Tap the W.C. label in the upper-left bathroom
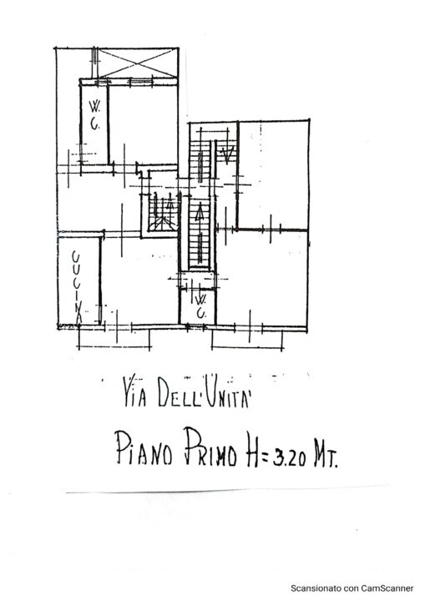(94, 115)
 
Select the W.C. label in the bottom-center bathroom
(200, 306)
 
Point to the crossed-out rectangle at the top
(137, 63)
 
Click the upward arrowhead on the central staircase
(200, 214)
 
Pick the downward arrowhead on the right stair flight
(227, 155)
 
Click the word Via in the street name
(135, 392)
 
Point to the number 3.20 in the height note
(289, 457)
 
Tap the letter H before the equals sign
(253, 452)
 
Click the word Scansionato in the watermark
(309, 588)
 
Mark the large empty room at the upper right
(273, 175)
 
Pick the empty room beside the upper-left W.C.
(144, 124)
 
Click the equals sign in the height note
(266, 455)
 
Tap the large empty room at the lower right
(262, 278)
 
